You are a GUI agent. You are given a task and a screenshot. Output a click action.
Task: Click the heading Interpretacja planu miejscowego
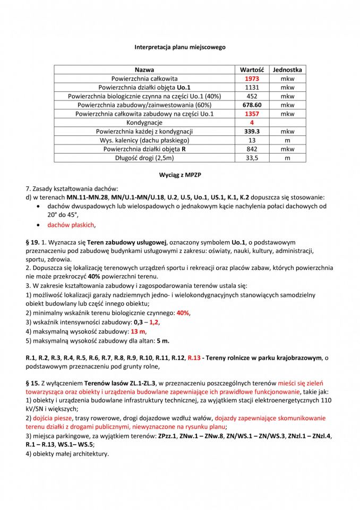point(179,47)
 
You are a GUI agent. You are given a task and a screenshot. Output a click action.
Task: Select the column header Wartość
point(252,70)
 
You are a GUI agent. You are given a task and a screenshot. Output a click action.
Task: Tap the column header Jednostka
point(287,70)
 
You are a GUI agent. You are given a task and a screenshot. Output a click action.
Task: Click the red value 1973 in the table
point(252,79)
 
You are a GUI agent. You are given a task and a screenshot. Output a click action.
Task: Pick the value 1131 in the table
point(252,87)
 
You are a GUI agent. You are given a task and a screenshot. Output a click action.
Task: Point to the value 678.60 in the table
point(252,105)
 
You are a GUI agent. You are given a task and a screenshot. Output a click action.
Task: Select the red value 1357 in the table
point(252,114)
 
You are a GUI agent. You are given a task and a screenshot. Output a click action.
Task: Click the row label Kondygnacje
point(144,123)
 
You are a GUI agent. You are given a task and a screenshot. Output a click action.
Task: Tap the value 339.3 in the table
point(252,131)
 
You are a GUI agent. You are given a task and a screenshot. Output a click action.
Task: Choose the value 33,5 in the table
point(252,158)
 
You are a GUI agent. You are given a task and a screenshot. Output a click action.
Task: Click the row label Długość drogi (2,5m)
point(144,158)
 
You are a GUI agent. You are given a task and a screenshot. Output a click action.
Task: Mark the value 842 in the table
point(252,149)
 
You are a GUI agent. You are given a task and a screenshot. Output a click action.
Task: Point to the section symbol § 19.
point(32,242)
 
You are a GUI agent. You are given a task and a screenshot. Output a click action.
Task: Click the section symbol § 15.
point(32,382)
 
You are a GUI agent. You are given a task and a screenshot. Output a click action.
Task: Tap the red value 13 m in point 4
point(138,331)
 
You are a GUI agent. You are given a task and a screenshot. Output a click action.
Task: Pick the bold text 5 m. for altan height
point(162,340)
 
